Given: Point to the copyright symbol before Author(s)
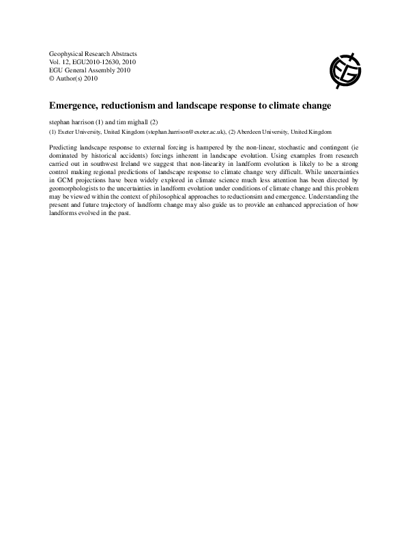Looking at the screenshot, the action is coord(53,79).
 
